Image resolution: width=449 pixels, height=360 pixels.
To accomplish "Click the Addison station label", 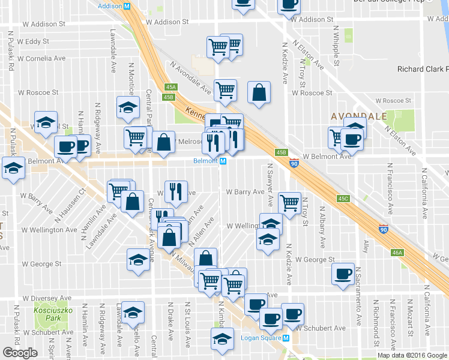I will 115,5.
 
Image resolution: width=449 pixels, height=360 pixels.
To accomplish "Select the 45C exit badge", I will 343,198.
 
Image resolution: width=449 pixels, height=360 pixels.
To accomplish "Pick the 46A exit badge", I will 397,253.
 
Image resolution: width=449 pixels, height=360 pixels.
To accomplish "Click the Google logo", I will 19,352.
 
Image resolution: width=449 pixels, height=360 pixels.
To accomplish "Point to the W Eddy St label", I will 33,41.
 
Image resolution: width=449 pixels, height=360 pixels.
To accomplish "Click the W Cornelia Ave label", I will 41,59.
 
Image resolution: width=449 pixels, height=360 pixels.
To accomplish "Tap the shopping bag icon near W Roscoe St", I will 258,93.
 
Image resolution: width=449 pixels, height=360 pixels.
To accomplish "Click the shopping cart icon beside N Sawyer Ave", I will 289,203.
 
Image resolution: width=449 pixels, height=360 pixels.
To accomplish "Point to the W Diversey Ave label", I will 44,298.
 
